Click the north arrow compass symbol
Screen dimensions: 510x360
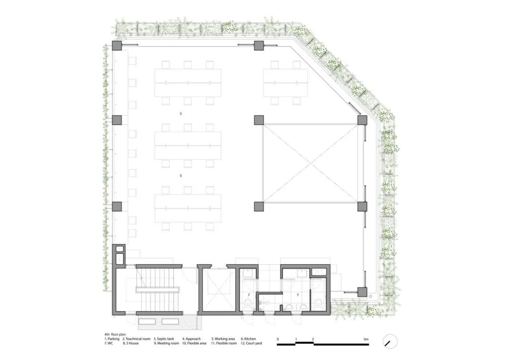(x=391, y=342)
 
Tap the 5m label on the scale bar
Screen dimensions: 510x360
(x=366, y=339)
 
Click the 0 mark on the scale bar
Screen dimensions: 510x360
(x=278, y=339)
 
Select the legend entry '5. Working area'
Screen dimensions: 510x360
(x=223, y=339)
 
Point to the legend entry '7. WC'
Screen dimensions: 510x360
(x=109, y=343)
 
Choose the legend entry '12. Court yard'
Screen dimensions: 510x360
(x=251, y=343)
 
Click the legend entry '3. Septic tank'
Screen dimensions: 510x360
(x=163, y=339)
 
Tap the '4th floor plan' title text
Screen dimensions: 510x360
(x=115, y=335)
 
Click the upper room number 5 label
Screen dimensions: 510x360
(x=181, y=114)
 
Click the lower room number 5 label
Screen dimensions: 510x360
(x=181, y=176)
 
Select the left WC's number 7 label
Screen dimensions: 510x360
(x=249, y=295)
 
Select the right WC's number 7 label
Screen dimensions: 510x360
(x=297, y=295)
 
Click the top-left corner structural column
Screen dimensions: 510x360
(x=117, y=45)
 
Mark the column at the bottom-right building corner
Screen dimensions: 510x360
(x=362, y=292)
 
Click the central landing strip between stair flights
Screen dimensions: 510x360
(x=157, y=290)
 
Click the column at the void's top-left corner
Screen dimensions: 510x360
(x=259, y=120)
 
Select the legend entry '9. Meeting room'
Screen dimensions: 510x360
(x=166, y=343)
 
